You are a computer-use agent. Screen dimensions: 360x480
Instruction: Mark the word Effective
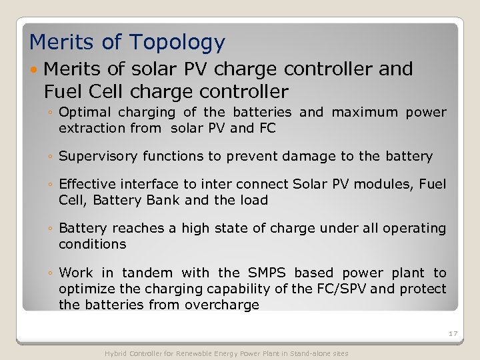coord(87,184)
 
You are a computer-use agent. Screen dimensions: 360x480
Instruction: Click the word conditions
coord(92,244)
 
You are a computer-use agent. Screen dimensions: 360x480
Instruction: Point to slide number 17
coord(453,333)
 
